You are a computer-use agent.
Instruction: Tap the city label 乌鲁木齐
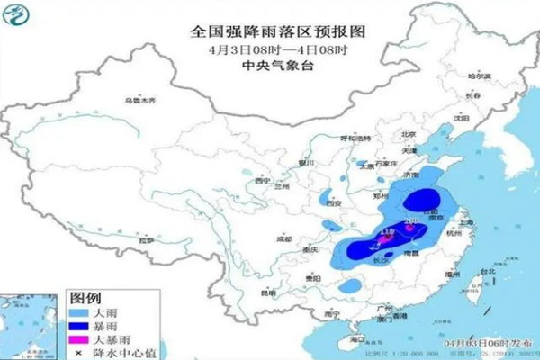click(139, 100)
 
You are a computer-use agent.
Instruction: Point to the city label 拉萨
click(146, 241)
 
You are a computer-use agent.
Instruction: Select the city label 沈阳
click(463, 117)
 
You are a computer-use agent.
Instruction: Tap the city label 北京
click(409, 134)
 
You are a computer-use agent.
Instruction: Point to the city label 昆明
click(267, 292)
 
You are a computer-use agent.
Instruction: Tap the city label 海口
click(357, 338)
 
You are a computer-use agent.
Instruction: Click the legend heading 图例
click(86, 297)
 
